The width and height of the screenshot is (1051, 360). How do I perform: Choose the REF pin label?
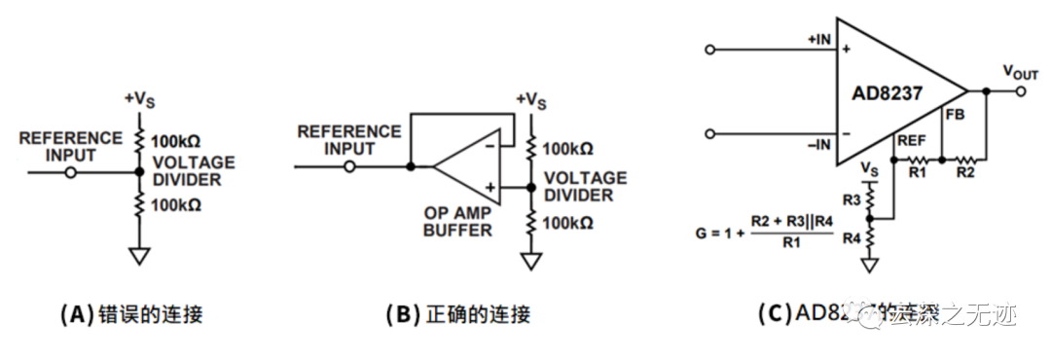tap(912, 141)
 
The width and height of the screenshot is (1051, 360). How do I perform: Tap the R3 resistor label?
tap(851, 199)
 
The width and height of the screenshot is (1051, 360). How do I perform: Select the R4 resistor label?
tap(851, 237)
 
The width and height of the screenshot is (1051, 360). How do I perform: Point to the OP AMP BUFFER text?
tap(457, 221)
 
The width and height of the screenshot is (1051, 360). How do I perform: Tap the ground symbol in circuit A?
tap(140, 256)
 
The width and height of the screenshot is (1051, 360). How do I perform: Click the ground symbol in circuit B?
tap(530, 261)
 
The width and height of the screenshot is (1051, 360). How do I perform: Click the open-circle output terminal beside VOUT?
tap(1019, 92)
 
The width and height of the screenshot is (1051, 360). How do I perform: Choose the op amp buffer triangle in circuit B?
tap(467, 167)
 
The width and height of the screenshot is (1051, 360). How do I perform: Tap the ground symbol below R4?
tap(871, 264)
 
